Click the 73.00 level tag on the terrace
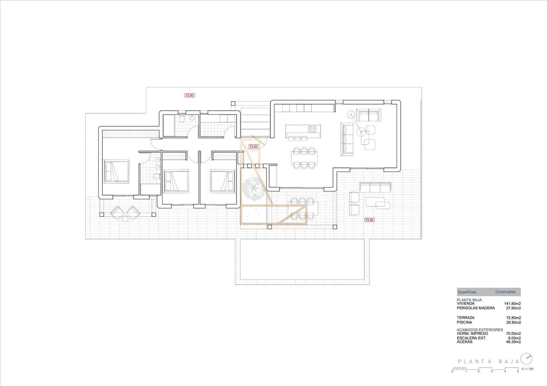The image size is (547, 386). coord(369,220)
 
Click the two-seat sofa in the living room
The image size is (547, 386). coord(369,115)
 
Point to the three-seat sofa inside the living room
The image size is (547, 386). coord(347,139)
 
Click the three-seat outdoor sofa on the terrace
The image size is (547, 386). coord(375,187)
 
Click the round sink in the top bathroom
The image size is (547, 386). coord(192,118)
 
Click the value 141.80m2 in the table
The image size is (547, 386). coord(512,303)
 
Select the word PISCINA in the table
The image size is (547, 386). coord(464,322)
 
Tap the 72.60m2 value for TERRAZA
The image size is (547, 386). coord(513,318)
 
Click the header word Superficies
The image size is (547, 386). coord(467,292)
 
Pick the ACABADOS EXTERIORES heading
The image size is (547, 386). coord(480,330)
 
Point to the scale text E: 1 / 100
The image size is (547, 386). coord(527,369)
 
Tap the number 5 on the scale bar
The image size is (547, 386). coord(518,371)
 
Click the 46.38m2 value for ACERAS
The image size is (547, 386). coord(513,342)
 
